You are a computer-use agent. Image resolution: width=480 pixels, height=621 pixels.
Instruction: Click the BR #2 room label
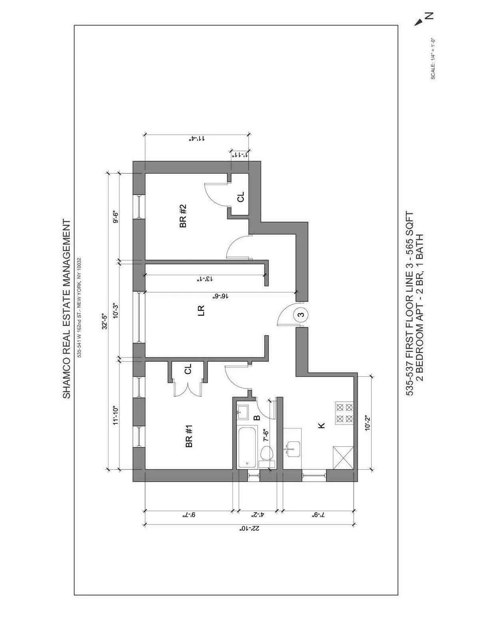click(x=183, y=216)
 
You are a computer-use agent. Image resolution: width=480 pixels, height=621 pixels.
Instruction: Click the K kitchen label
click(x=321, y=425)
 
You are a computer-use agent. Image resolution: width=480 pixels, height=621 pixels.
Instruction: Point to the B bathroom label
click(x=257, y=418)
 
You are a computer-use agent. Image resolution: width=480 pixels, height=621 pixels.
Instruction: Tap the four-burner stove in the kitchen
click(x=344, y=413)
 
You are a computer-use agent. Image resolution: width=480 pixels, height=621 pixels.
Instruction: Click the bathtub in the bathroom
click(x=247, y=447)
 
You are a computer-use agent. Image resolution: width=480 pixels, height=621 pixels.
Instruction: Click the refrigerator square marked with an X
click(x=344, y=457)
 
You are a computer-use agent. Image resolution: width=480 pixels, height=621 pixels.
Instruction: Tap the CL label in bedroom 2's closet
click(x=240, y=197)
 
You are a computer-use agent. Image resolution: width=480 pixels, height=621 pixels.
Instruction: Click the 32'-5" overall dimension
click(x=105, y=321)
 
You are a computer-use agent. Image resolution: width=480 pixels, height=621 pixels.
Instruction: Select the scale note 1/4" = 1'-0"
click(x=433, y=59)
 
